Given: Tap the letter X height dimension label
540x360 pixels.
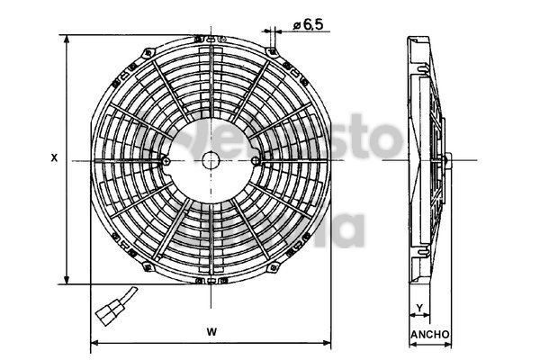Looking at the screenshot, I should tap(54, 157).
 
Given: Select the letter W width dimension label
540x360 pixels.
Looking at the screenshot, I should tap(211, 332).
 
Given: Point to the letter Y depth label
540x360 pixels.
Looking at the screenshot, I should tap(419, 309).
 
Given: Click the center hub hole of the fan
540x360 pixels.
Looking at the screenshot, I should tap(211, 160).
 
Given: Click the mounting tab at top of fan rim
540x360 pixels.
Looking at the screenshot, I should tap(211, 40).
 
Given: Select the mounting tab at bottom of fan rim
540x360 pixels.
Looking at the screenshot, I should tap(211, 281).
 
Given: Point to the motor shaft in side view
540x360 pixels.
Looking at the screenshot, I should tap(446, 160).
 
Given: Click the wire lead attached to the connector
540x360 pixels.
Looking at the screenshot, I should tap(129, 292).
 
